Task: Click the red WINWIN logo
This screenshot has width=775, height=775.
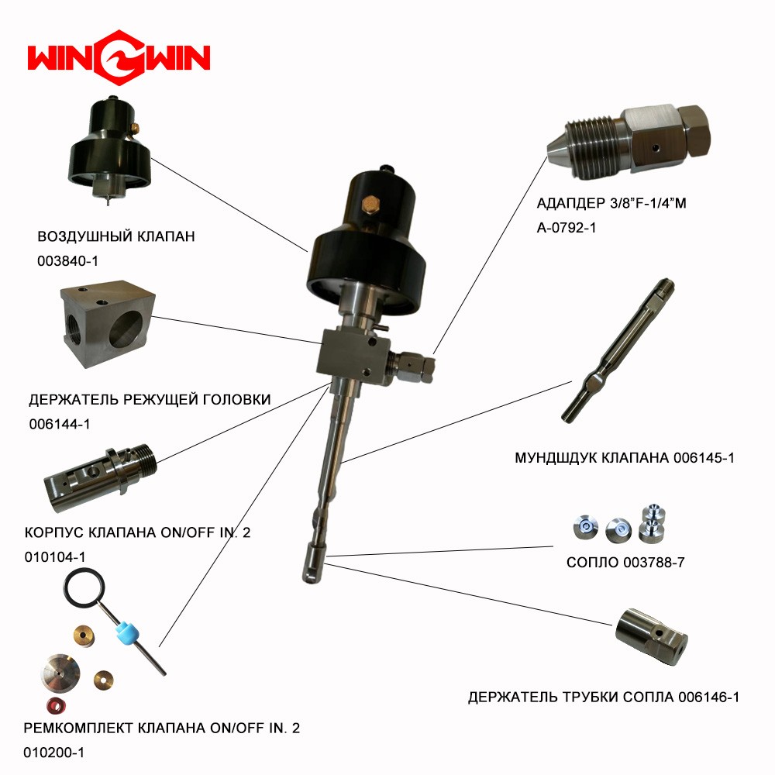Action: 119,57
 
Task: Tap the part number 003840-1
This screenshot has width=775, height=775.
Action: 67,261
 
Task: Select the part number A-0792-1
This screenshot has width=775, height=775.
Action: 567,228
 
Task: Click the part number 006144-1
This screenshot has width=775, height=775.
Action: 60,424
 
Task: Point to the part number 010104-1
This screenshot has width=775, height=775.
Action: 55,557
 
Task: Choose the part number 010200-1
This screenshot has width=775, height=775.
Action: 54,753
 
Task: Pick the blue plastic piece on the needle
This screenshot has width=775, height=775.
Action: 128,634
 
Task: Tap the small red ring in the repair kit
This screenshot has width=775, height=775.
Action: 56,705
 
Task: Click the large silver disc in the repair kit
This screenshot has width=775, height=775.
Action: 60,674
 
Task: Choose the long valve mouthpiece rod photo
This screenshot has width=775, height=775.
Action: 618,350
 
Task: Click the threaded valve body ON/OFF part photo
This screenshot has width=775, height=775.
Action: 100,473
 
